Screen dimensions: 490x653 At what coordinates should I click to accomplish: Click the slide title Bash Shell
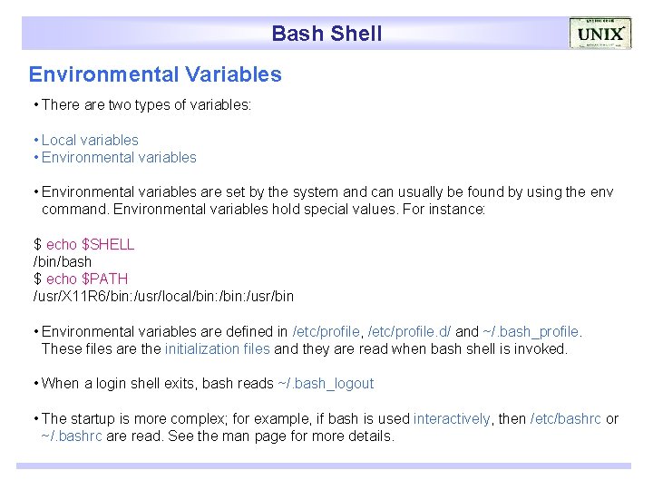click(326, 34)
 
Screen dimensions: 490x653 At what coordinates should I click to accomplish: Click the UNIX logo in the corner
click(600, 34)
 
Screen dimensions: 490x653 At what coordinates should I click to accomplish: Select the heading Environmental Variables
click(155, 74)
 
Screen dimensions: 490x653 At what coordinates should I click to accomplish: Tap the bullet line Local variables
click(90, 140)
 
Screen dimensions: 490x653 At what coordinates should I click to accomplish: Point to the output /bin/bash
click(63, 261)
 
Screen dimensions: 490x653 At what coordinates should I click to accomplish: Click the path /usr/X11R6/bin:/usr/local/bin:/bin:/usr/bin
click(163, 296)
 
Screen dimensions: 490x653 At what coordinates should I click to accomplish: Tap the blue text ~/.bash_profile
click(532, 331)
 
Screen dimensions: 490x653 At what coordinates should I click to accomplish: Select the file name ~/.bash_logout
click(326, 383)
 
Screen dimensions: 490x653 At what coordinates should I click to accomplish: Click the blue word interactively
click(452, 418)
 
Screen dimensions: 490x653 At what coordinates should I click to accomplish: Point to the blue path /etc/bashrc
click(565, 418)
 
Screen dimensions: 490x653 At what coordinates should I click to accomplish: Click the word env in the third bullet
click(601, 191)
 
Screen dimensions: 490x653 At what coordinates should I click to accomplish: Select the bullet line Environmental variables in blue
click(119, 157)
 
